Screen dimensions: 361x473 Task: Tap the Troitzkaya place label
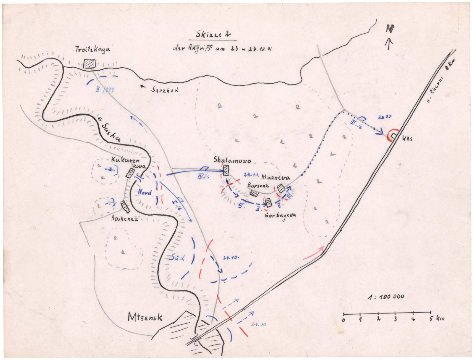[93, 49]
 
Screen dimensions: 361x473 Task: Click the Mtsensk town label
[145, 317]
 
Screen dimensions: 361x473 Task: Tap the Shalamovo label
[233, 161]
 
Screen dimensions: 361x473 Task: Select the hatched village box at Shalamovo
[226, 170]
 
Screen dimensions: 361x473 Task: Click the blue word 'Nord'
[145, 193]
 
